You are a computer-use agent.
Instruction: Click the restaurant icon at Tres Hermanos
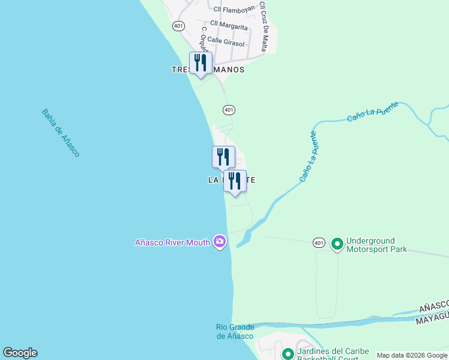(200, 63)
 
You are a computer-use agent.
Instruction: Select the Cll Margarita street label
(229, 25)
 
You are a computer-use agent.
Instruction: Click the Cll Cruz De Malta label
(263, 26)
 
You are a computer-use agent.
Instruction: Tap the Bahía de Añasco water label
(61, 133)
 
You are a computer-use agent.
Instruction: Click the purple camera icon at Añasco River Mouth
(220, 242)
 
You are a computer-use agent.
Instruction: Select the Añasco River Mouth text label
(172, 242)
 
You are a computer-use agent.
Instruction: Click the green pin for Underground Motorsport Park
(337, 243)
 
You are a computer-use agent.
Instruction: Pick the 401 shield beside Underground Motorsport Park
(319, 242)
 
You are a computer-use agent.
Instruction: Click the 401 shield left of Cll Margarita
(178, 26)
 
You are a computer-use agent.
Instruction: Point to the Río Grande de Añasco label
(235, 331)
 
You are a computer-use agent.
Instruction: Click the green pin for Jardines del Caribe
(288, 354)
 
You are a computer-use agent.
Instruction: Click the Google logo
(20, 353)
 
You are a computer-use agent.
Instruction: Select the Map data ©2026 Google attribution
(412, 355)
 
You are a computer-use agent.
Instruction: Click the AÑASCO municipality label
(433, 307)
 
